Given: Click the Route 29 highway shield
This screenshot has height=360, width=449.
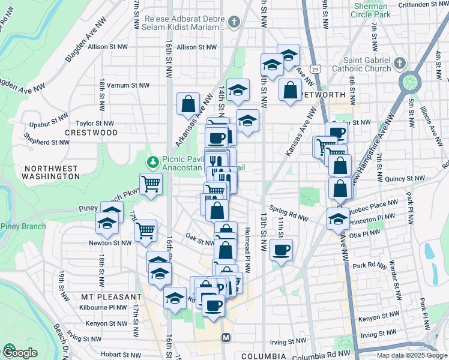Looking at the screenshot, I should [316, 68].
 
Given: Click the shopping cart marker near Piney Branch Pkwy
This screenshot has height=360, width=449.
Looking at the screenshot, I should [151, 184].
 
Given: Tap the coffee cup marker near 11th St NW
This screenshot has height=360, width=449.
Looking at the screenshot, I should [280, 250].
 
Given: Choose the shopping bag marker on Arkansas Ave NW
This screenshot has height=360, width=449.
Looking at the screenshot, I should [188, 103].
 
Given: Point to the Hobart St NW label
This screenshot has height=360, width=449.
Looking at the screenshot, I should [120, 355].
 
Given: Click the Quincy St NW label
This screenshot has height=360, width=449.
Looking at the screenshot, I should [405, 178].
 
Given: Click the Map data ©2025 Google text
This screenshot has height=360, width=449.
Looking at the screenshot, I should [412, 355].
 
